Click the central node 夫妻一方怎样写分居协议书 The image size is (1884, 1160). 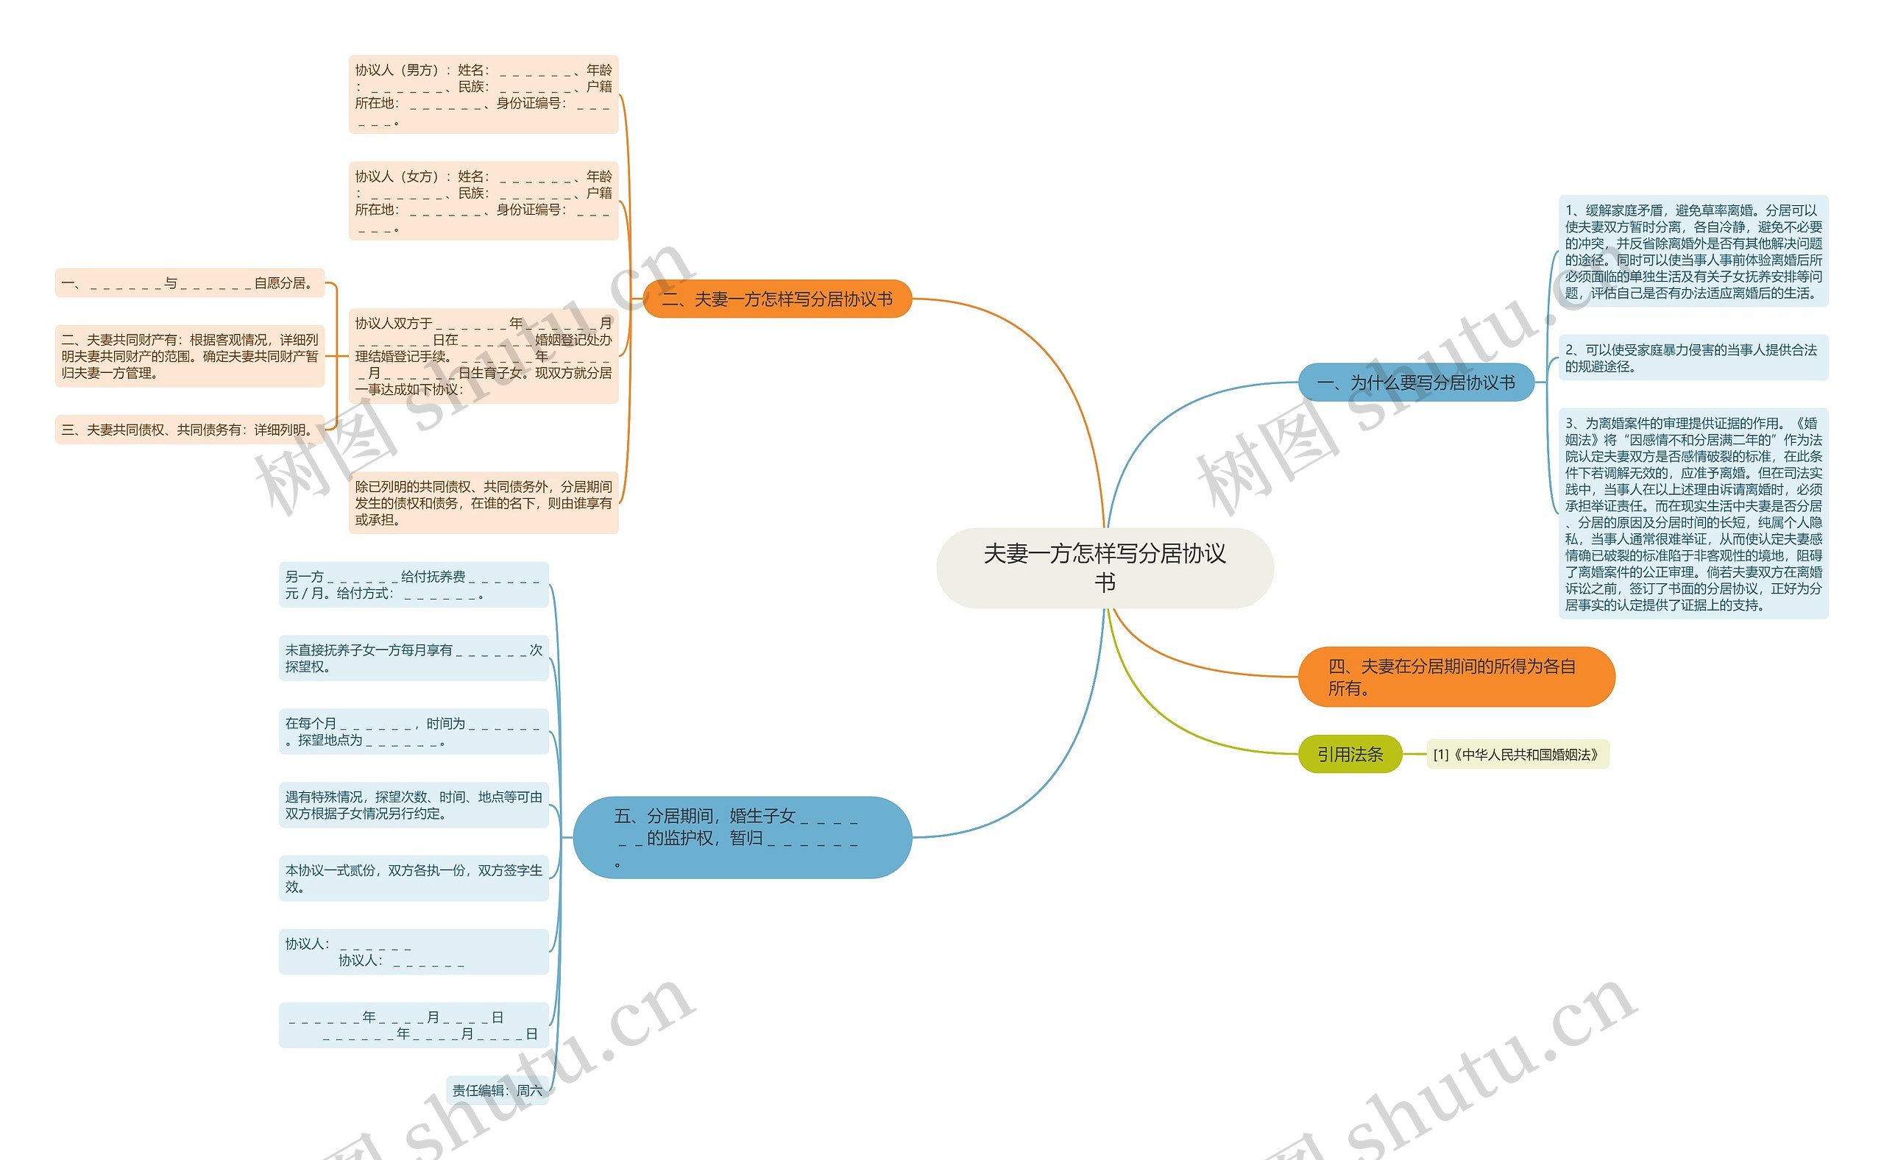coord(1105,568)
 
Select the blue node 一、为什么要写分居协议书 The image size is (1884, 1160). coord(1415,382)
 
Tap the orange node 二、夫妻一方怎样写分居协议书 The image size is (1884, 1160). coord(776,299)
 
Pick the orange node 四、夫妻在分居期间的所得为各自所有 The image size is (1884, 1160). coord(1455,677)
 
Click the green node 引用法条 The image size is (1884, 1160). coord(1349,754)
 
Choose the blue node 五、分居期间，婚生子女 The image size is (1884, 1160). coord(741,837)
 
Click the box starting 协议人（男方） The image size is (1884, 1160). coord(483,94)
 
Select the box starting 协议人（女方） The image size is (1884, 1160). coord(483,201)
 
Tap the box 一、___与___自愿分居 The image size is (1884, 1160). coord(190,283)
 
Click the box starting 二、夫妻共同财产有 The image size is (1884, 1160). coord(190,356)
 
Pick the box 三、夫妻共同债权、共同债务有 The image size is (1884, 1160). coord(190,430)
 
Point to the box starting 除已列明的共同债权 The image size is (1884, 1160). coord(483,502)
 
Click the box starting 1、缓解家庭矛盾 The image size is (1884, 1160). coord(1692,251)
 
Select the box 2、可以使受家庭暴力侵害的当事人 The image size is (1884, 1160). coord(1692,357)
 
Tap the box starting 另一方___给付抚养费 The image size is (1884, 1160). coord(413,585)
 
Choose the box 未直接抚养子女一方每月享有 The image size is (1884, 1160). coord(413,658)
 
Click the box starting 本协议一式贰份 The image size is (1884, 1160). coord(413,878)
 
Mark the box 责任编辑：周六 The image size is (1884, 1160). coord(497,1090)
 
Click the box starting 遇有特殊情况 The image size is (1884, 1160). coord(413,805)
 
